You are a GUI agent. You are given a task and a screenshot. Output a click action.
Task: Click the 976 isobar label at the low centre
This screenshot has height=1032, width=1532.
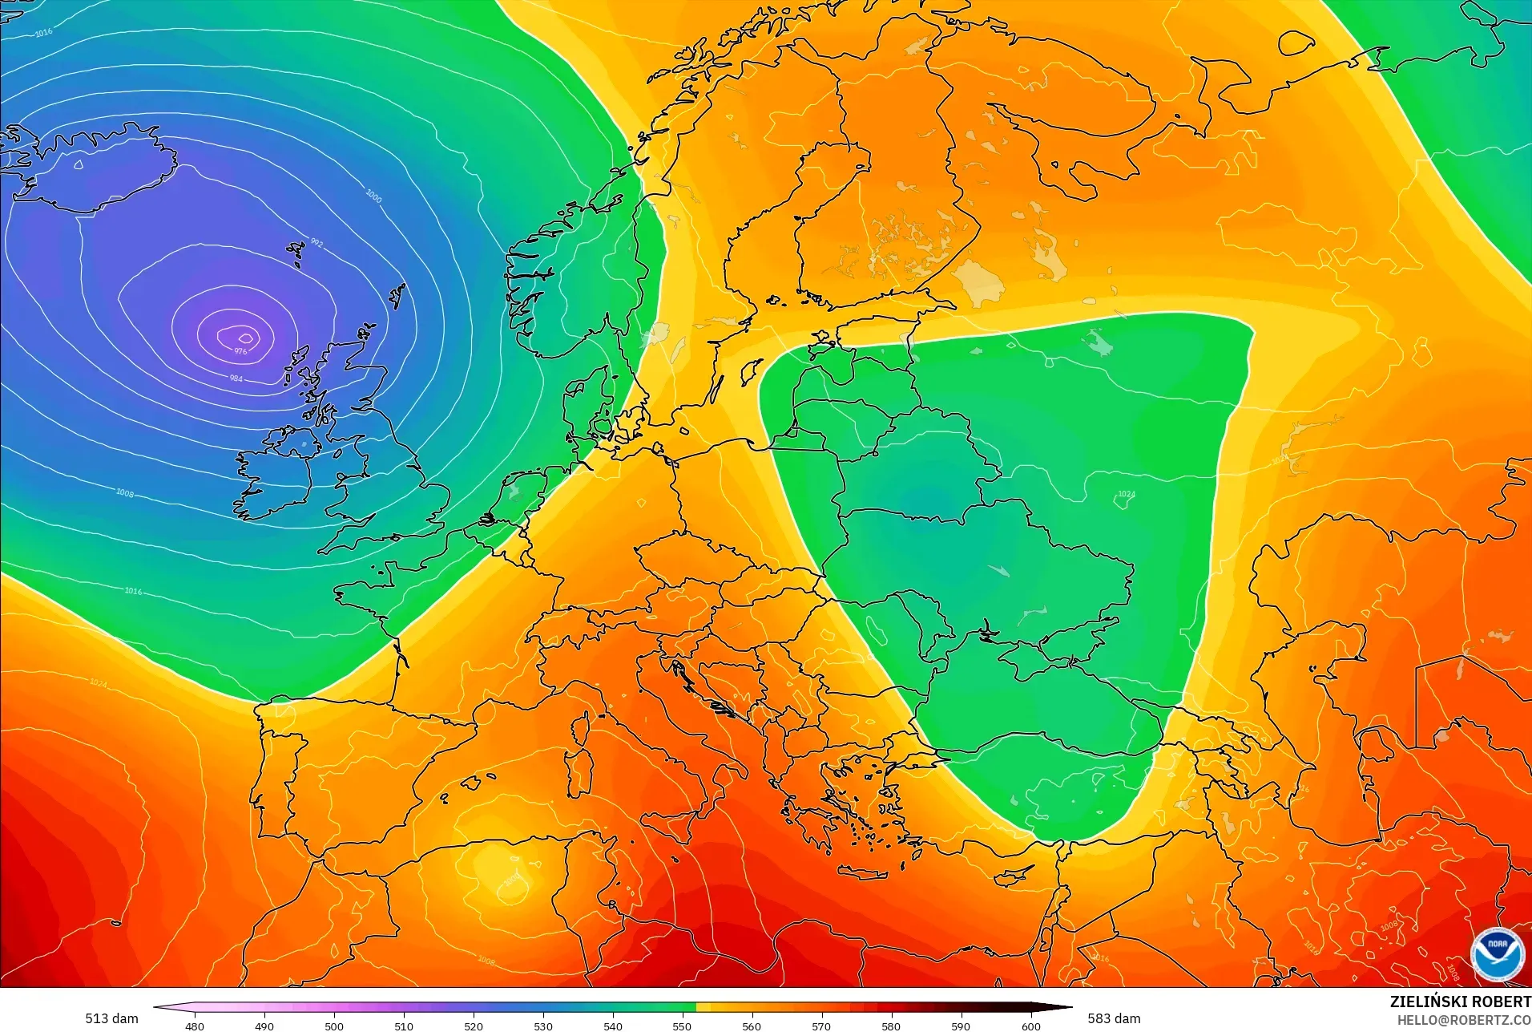point(240,351)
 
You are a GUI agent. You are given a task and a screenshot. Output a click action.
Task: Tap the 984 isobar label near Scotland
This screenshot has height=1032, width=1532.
point(236,378)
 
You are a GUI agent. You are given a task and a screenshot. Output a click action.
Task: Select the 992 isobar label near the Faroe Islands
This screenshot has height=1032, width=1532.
point(316,243)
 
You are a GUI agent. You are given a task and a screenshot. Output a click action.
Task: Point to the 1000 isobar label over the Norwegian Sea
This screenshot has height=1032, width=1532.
point(373,196)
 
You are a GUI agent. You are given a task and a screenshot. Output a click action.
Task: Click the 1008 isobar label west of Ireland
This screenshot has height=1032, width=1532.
point(125,492)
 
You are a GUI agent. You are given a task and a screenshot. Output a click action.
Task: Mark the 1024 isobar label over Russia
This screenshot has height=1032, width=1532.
point(1126,494)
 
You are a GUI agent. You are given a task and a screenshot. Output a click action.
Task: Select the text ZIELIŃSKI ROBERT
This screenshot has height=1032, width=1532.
point(1460,1002)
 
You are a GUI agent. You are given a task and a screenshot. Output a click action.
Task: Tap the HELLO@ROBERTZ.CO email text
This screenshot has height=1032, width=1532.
point(1464,1020)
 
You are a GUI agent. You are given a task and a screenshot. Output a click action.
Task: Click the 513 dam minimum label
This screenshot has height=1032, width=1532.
point(111,1018)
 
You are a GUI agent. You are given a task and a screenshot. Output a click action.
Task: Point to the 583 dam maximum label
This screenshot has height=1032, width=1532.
point(1114,1018)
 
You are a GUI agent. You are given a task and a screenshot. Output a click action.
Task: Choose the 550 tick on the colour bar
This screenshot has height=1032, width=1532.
point(682,1026)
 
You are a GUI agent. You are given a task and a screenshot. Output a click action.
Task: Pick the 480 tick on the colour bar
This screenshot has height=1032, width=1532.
point(194,1026)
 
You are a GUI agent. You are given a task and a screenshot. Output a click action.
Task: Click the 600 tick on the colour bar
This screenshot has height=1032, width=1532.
point(1030,1026)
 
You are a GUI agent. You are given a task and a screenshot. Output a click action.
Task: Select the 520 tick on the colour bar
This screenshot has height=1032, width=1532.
point(473,1026)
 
